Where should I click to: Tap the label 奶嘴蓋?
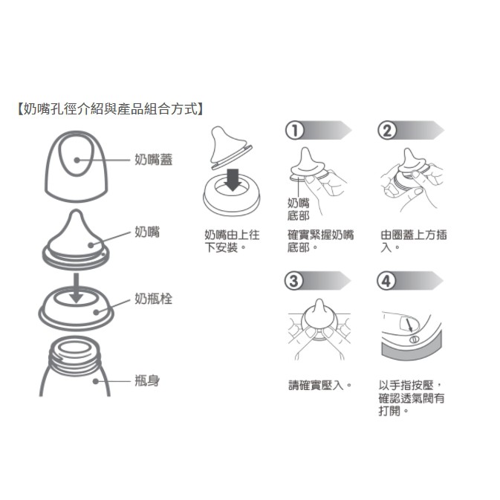[x=153, y=160]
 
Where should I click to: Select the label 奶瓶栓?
[x=153, y=299]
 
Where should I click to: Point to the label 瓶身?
[x=147, y=380]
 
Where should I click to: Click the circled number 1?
[x=295, y=131]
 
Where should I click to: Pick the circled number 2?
[x=387, y=131]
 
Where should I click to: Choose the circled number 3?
[x=293, y=281]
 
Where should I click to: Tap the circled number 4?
[x=386, y=281]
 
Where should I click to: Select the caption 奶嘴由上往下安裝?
[x=232, y=241]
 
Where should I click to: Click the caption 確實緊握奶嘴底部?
[x=320, y=241]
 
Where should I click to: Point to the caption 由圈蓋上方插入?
[x=414, y=241]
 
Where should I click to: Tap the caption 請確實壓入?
[x=319, y=386]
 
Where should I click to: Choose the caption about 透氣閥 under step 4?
[x=412, y=398]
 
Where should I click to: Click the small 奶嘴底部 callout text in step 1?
[x=298, y=210]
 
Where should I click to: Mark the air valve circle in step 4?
[x=414, y=340]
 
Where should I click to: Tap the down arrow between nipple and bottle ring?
[x=77, y=288]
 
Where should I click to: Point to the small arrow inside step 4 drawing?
[x=409, y=325]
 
